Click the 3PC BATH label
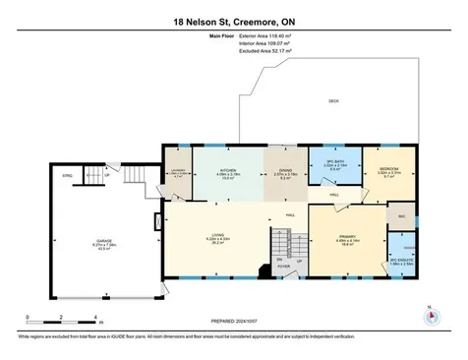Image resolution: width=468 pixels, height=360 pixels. [x=334, y=163]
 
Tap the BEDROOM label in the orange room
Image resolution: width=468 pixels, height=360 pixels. [x=389, y=169]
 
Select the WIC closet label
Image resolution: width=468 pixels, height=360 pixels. [x=401, y=213]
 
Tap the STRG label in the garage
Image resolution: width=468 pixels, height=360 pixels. [x=68, y=178]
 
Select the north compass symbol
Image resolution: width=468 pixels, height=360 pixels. [x=429, y=317]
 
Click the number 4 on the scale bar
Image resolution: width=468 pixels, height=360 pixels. [x=94, y=318]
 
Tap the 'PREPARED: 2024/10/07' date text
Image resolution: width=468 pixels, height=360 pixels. [x=233, y=319]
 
